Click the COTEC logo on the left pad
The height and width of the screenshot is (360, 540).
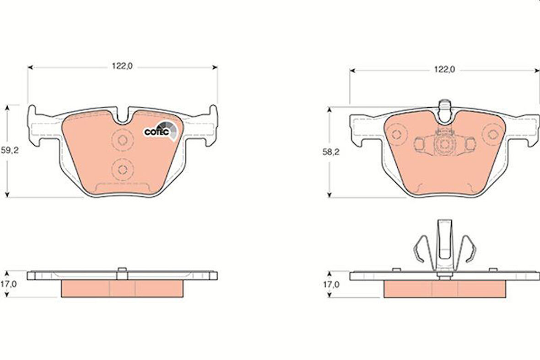pos(161,131)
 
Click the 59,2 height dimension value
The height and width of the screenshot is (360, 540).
pos(10,150)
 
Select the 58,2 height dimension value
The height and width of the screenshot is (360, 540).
pos(331,152)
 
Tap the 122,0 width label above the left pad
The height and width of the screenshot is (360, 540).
pos(122,66)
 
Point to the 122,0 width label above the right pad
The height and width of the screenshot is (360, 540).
pos(444,70)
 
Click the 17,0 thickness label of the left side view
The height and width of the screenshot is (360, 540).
pos(9,284)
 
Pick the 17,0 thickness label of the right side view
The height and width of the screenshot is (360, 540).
pos(330,284)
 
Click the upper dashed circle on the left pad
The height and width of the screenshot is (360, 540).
pos(123,140)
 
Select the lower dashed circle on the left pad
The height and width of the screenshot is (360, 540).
pos(123,169)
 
